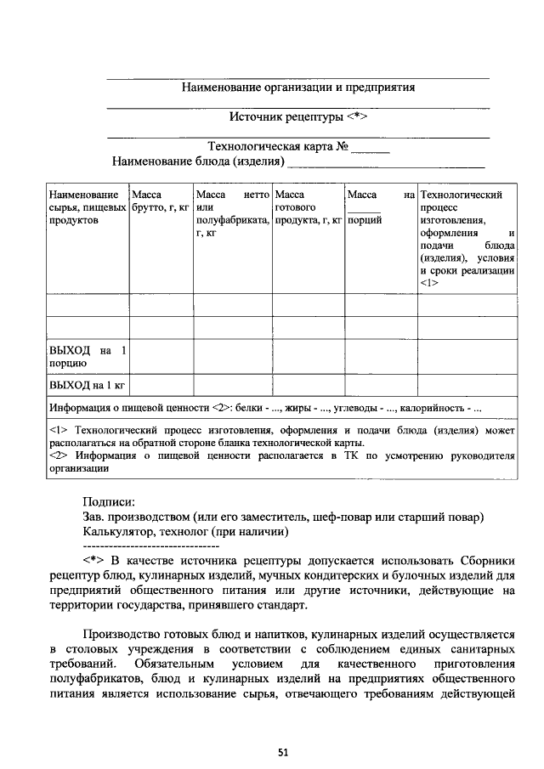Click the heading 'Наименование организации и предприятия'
point(298,87)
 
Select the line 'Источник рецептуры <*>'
point(298,116)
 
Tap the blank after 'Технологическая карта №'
point(371,147)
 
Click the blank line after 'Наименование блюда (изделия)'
point(386,161)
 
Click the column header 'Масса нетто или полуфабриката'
point(232,213)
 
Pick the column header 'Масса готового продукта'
point(308,207)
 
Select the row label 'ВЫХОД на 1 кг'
point(86,385)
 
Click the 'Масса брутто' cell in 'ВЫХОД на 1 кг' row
point(160,385)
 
